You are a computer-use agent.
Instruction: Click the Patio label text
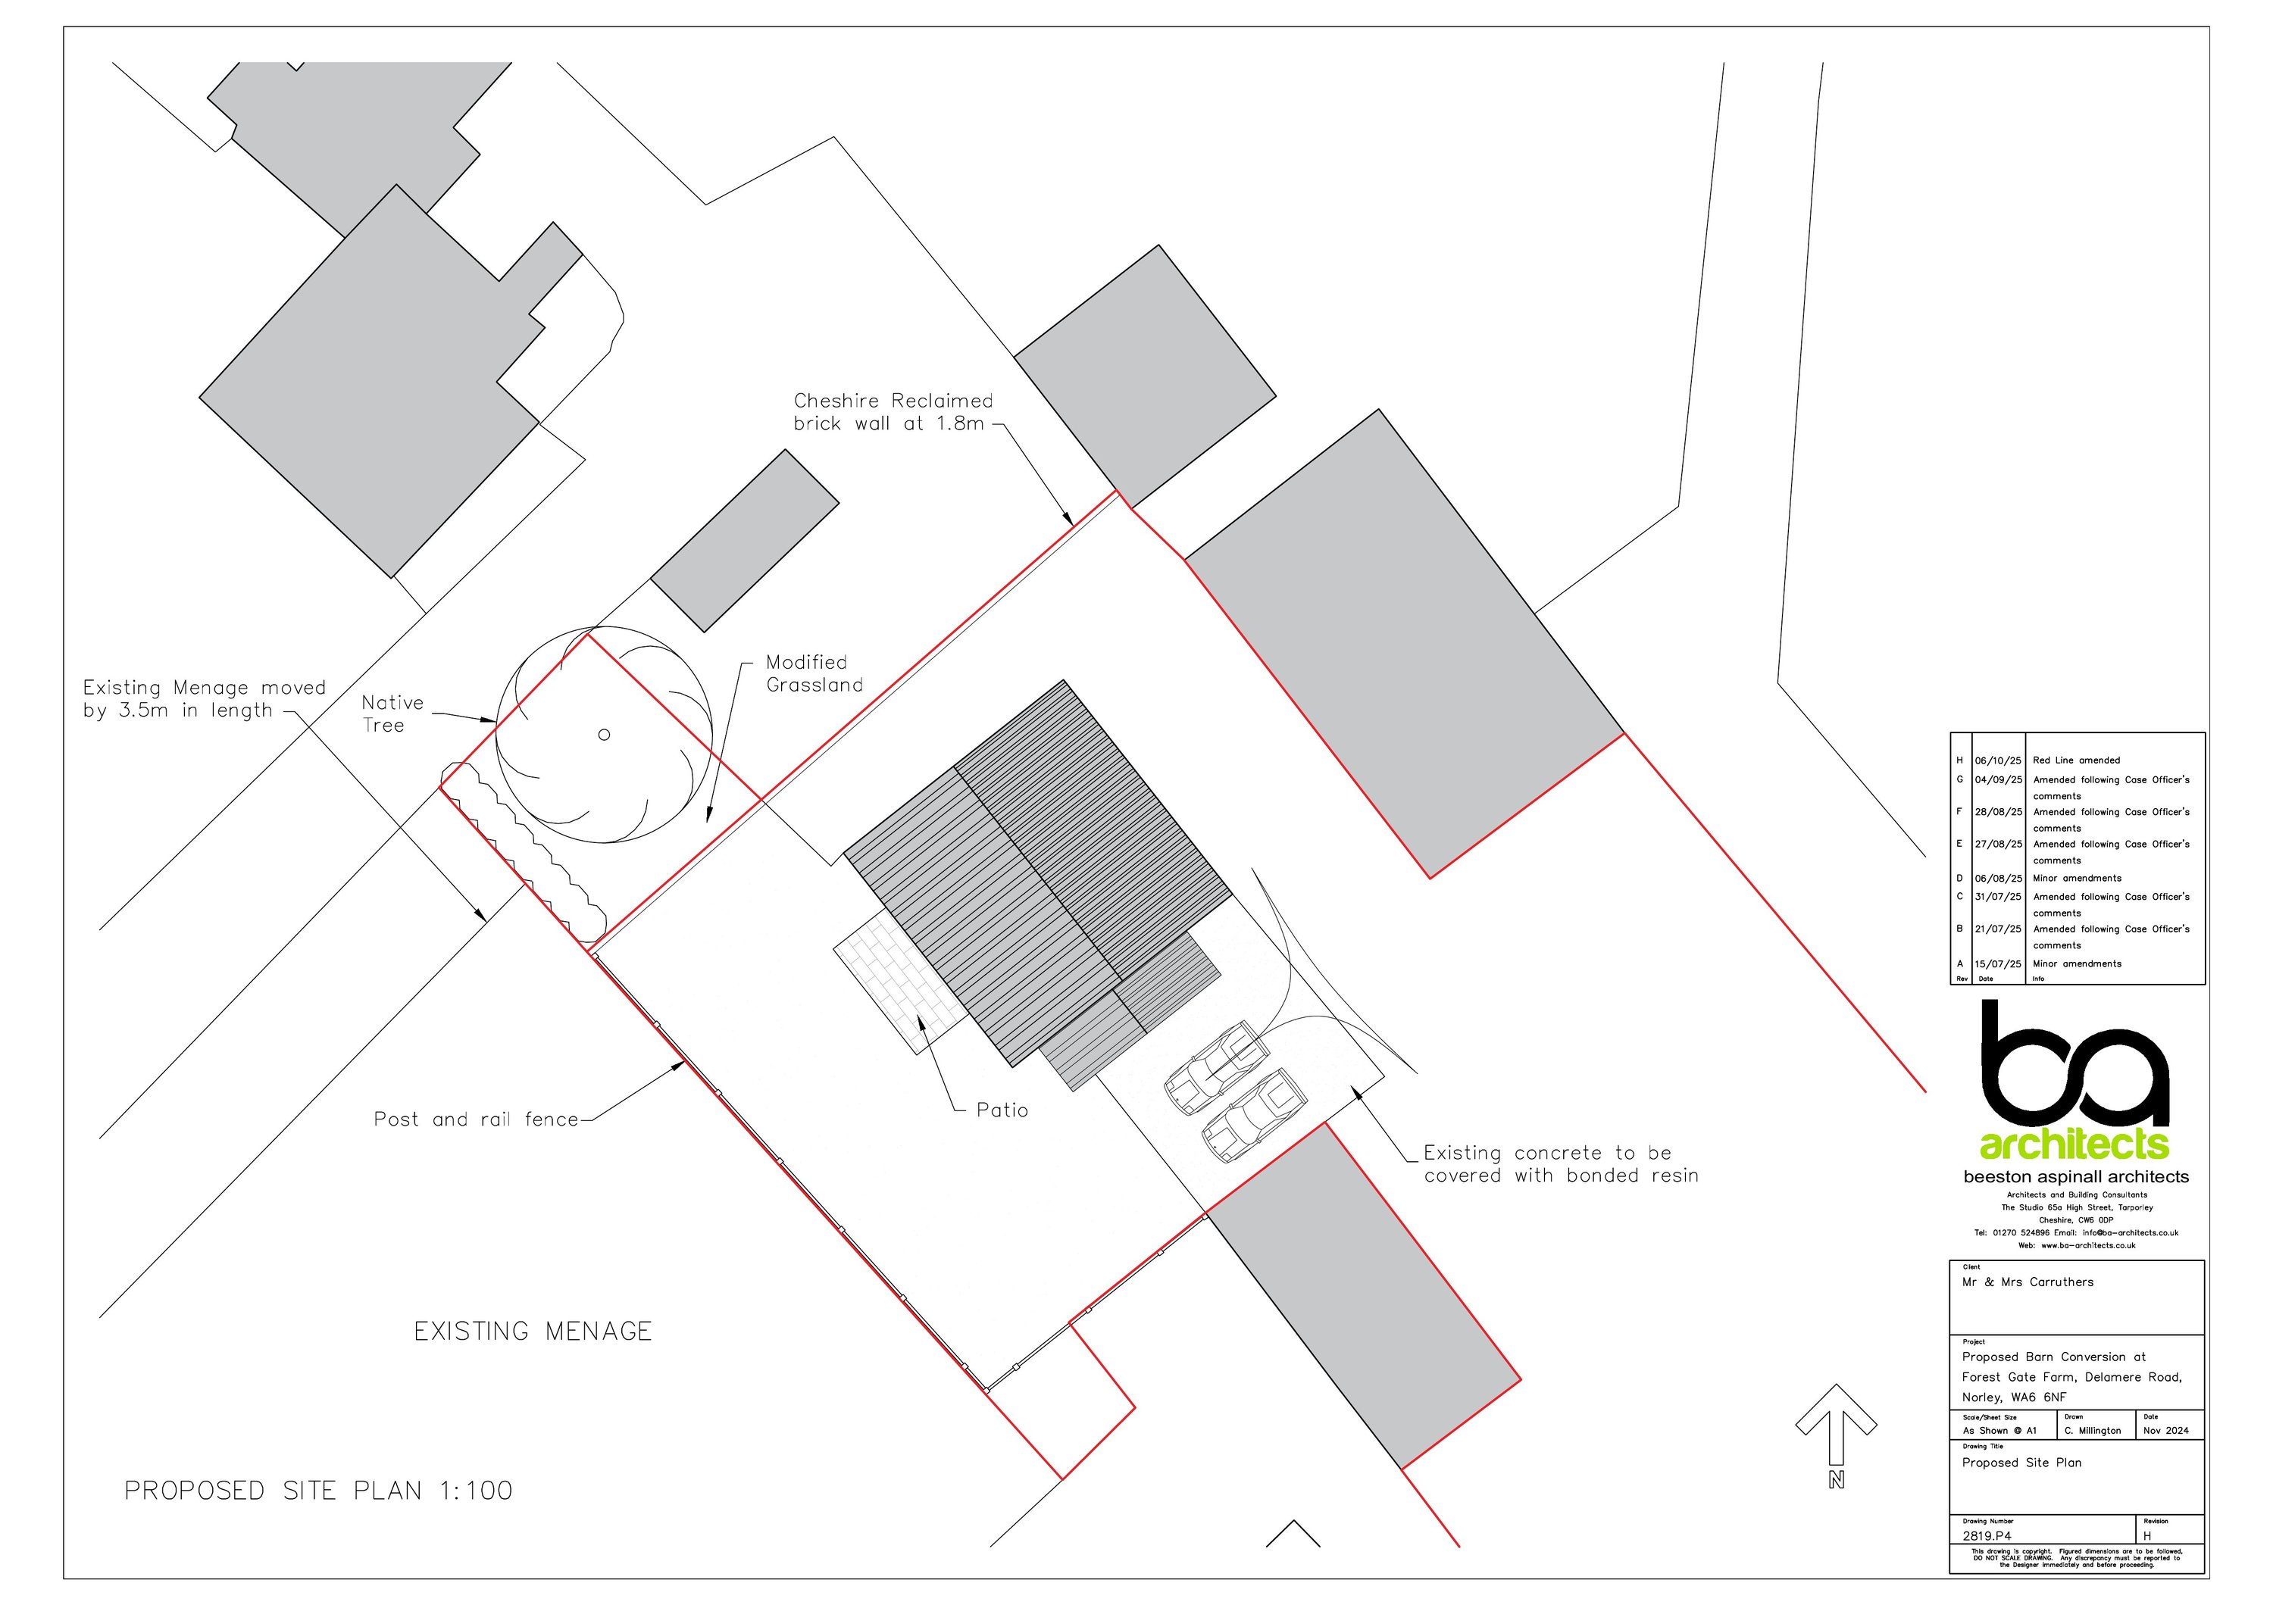pos(1002,1110)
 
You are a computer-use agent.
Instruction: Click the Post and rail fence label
pos(475,1119)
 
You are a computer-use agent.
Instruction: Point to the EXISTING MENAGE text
pos(533,1331)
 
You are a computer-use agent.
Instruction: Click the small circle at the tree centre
pos(604,734)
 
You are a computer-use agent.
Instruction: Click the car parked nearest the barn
pos(1216,1069)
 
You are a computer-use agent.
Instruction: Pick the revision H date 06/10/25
pos(1998,760)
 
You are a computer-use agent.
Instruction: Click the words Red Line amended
pos(2076,760)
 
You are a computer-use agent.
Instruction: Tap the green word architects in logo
pos(2073,1145)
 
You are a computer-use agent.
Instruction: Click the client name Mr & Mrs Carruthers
pos(2028,1282)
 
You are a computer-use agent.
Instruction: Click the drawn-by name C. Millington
pos(2092,1430)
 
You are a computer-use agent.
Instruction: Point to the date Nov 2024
pos(2165,1430)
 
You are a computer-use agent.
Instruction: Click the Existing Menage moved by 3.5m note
pos(203,698)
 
